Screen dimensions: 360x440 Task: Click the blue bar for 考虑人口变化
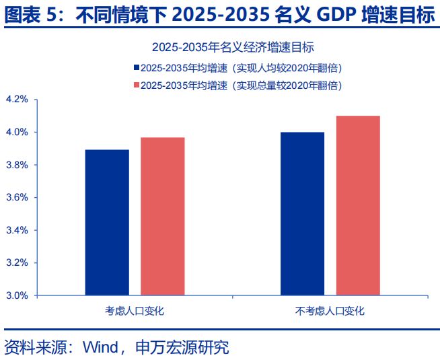(x=107, y=222)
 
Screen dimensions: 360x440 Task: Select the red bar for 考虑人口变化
(x=162, y=216)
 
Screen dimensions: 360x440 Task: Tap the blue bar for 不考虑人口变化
(x=302, y=213)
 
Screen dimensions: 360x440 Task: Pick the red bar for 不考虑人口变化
(x=358, y=205)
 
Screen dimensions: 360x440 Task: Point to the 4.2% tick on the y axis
(x=17, y=100)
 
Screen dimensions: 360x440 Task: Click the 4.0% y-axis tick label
(x=17, y=133)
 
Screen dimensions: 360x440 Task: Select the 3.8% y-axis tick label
(x=17, y=165)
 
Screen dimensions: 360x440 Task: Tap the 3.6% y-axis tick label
(x=17, y=198)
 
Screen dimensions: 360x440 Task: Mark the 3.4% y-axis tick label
(x=17, y=230)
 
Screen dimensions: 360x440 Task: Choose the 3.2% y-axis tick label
(x=17, y=262)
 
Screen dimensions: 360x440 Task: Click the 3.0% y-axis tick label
(x=17, y=295)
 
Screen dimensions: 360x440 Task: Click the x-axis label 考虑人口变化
(x=135, y=311)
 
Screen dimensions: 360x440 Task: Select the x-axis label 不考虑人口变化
(x=330, y=311)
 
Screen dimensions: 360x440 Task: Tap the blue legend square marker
(x=137, y=68)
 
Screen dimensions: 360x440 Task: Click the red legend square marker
(x=137, y=85)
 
